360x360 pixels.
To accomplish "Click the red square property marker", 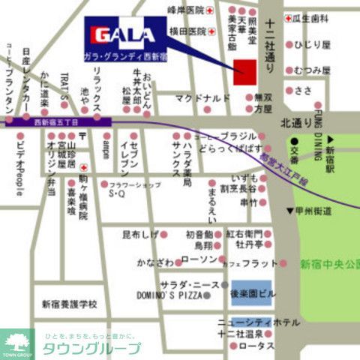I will coord(244,71).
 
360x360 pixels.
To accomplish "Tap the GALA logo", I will coord(125,34).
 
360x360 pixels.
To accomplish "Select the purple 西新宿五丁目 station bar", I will coord(58,120).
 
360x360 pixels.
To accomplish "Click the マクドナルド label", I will coord(202,97).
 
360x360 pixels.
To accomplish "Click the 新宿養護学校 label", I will coord(69,304).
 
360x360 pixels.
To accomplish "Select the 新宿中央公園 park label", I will coord(329,264).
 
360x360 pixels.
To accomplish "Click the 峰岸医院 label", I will coord(185,10).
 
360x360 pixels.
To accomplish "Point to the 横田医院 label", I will coord(187,31).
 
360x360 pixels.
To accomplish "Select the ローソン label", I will coord(199,259).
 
